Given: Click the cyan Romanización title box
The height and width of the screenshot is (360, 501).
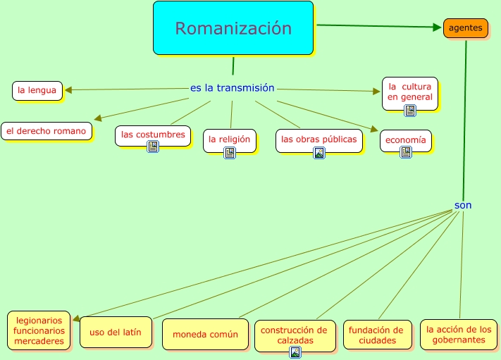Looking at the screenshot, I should pos(233,28).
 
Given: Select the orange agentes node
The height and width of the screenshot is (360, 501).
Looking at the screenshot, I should pos(466,29).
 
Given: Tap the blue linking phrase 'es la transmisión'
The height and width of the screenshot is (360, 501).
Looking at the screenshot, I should pos(233,88).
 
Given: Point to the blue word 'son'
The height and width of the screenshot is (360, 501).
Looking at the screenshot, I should pos(463,205).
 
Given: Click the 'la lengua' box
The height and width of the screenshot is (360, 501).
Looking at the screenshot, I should pos(37,90).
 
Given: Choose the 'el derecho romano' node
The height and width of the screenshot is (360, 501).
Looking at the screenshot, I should pos(47,130).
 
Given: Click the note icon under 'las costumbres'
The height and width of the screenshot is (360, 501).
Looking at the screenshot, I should pos(153,147).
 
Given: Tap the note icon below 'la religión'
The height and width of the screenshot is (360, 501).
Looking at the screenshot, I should pos(230,152).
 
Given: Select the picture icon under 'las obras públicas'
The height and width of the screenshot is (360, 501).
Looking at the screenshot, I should pos(319,152).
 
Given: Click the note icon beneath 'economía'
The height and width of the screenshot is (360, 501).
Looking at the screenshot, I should pos(406,152).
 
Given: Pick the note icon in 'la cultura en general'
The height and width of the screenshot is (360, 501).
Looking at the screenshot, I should pos(410,110).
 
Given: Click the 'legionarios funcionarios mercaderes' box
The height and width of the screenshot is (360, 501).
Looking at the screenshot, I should pos(39,330).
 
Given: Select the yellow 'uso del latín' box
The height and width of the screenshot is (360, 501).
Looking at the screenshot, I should pos(116,332).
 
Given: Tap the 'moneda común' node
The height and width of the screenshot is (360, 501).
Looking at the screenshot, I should pos(206,335).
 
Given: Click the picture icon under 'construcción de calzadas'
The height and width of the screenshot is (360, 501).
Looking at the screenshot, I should pos(295,352).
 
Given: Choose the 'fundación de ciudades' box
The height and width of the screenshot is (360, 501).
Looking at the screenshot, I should pos(377,335).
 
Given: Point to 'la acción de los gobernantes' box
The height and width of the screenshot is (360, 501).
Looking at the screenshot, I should pos(458,334).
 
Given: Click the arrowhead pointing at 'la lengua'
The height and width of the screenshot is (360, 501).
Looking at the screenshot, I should pos(68,89).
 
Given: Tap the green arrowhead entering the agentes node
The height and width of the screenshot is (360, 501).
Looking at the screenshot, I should pos(437,27).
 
